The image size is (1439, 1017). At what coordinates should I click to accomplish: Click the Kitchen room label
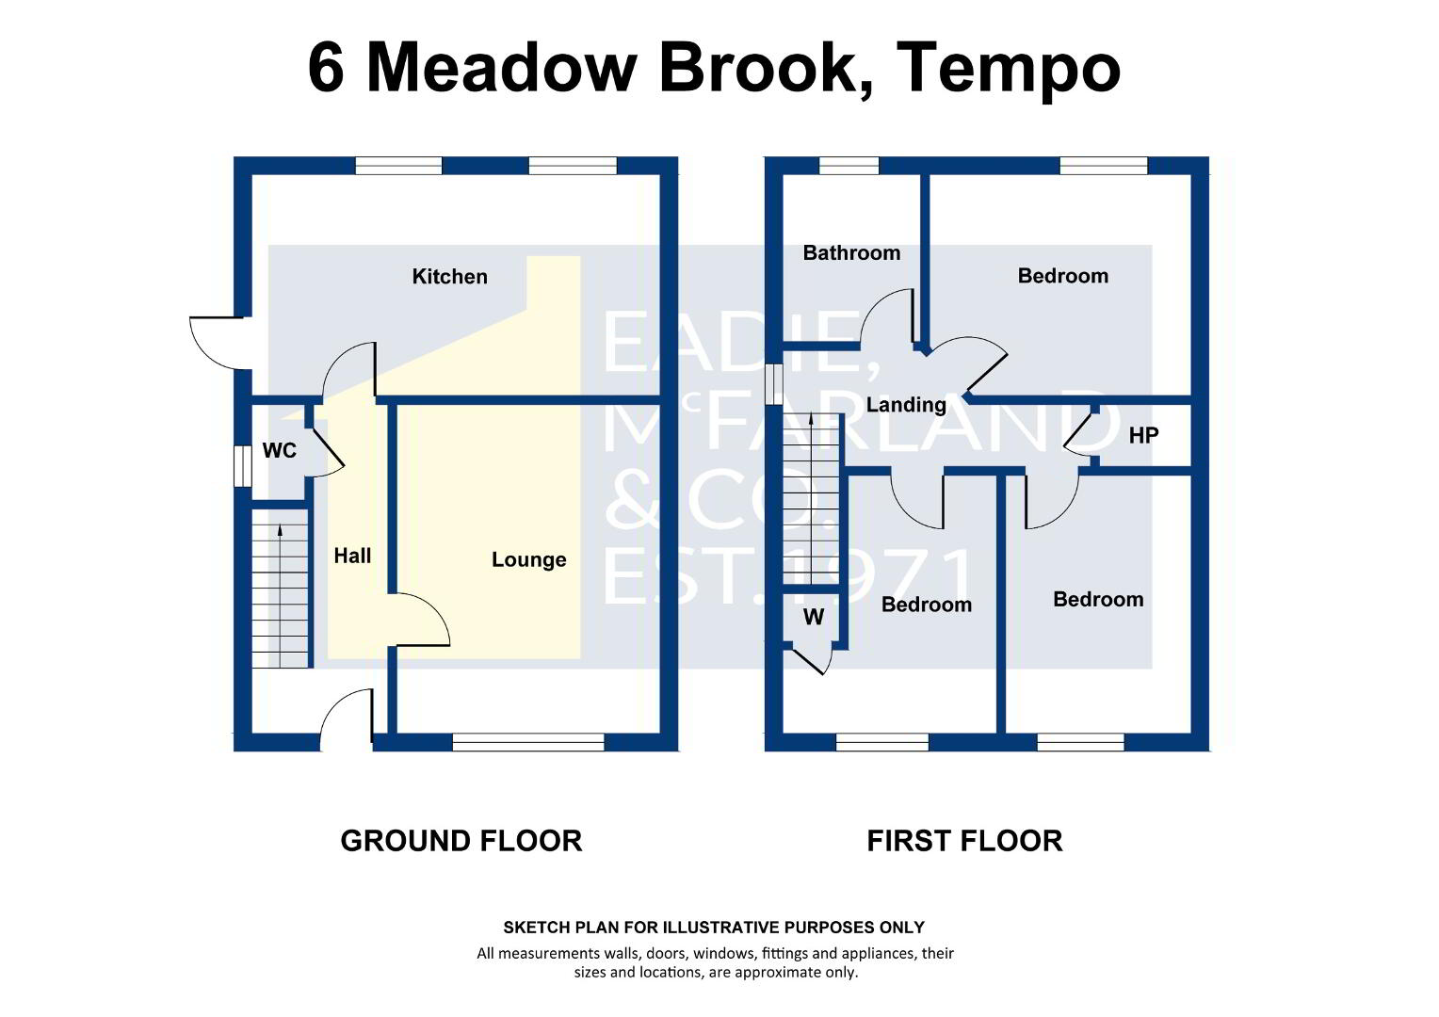(x=450, y=277)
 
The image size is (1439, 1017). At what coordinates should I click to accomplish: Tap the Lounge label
(x=528, y=559)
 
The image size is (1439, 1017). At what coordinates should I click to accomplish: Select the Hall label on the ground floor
(x=352, y=556)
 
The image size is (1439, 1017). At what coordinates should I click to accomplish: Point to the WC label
(x=280, y=450)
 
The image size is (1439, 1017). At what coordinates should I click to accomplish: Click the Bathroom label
(x=851, y=253)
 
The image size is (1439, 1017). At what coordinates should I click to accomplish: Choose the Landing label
(x=906, y=405)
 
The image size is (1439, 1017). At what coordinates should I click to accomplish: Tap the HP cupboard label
(x=1143, y=436)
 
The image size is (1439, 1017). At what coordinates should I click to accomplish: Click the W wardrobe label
(x=814, y=618)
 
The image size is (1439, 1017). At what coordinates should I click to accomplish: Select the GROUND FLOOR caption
(x=461, y=841)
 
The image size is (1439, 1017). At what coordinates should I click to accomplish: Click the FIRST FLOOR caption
(x=965, y=841)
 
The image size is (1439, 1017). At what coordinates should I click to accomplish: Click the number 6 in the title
(x=326, y=68)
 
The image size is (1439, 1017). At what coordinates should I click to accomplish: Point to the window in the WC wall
(x=241, y=466)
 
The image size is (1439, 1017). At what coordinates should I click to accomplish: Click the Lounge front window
(x=528, y=743)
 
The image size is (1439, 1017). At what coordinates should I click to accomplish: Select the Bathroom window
(x=849, y=166)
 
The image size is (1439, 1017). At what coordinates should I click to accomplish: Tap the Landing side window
(x=773, y=385)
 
